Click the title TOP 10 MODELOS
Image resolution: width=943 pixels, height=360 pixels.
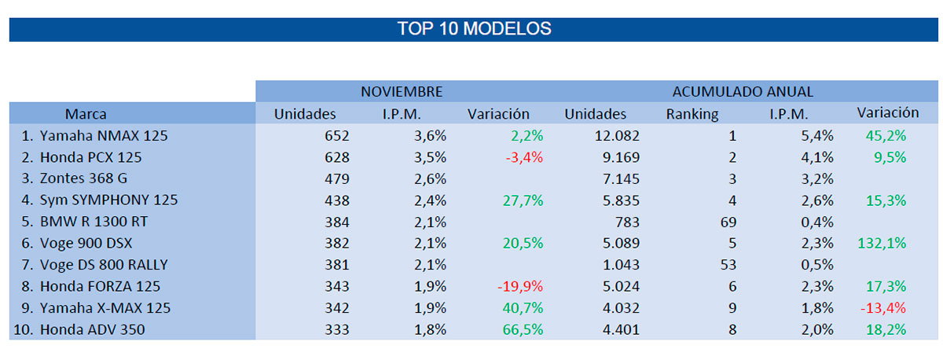[474, 29]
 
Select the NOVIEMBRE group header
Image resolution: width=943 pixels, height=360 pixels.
[402, 92]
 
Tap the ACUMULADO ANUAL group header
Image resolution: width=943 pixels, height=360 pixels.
[743, 92]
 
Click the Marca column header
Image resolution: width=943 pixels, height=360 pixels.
[86, 114]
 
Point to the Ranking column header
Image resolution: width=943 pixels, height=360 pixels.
[692, 114]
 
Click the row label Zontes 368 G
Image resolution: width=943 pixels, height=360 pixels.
[83, 178]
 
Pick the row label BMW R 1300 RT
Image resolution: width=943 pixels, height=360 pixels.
[90, 222]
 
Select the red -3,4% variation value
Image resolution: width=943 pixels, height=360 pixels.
[523, 157]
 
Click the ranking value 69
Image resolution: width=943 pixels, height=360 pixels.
[728, 222]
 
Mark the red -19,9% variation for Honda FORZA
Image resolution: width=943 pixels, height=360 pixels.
[520, 286]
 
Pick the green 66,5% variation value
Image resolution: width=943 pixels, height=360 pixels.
[523, 329]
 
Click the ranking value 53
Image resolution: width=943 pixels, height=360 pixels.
[728, 264]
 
